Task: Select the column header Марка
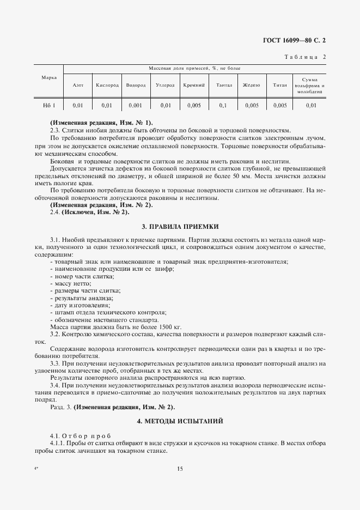pyautogui.click(x=50, y=77)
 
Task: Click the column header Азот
pyautogui.click(x=78, y=85)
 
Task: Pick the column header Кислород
pyautogui.click(x=107, y=85)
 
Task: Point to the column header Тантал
pyautogui.click(x=224, y=85)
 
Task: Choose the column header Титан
pyautogui.click(x=279, y=85)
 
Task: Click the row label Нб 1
pyautogui.click(x=50, y=105)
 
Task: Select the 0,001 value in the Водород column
pyautogui.click(x=135, y=105)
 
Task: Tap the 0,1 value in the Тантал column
pyautogui.click(x=223, y=105)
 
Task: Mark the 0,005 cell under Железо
pyautogui.click(x=252, y=105)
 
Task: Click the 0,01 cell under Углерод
pyautogui.click(x=166, y=105)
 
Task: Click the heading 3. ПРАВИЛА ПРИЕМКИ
pyautogui.click(x=180, y=225)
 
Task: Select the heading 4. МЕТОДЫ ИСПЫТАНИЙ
pyautogui.click(x=180, y=421)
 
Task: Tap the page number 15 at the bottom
pyautogui.click(x=180, y=469)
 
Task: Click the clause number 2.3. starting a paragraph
pyautogui.click(x=55, y=130)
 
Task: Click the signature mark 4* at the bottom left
pyautogui.click(x=36, y=468)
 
